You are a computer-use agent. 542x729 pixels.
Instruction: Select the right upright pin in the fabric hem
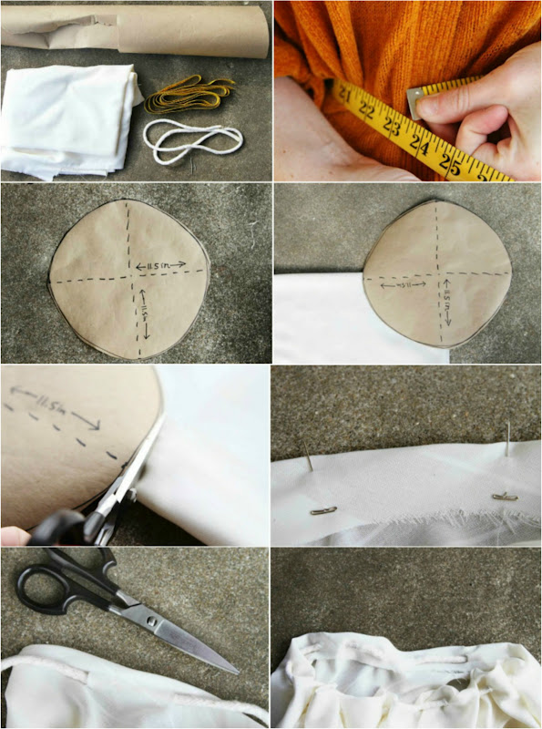click(x=507, y=441)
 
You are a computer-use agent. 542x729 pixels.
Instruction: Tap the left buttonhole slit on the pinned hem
click(x=323, y=510)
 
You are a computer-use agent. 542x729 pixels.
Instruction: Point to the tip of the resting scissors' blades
click(x=239, y=673)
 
